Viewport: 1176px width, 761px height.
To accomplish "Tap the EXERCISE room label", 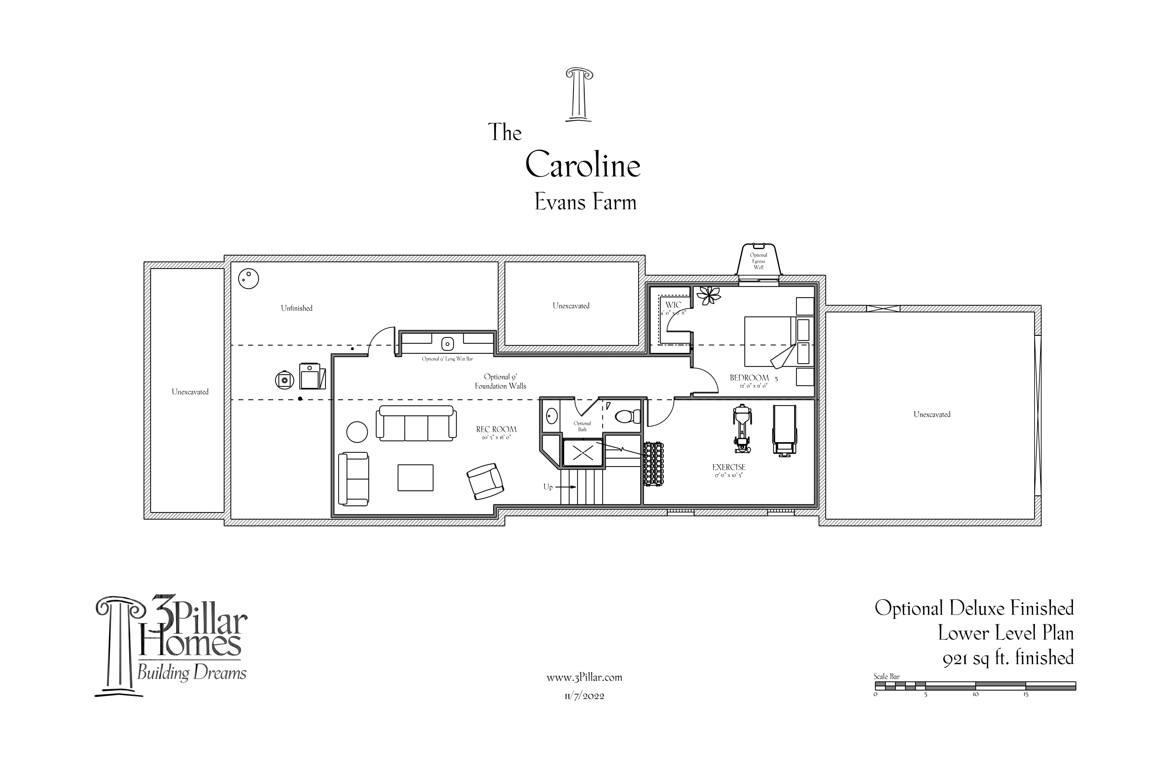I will click(x=729, y=467).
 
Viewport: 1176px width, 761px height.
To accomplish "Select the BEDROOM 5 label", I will click(x=750, y=378).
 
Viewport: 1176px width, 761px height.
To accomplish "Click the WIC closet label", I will click(x=673, y=305).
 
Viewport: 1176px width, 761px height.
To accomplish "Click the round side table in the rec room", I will click(x=357, y=432).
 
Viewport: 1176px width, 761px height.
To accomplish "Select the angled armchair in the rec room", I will click(x=485, y=481).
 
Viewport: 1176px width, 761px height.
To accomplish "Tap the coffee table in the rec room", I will click(x=415, y=477).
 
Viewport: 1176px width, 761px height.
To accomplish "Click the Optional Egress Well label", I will click(x=759, y=261).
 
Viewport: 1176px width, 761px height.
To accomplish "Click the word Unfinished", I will click(x=296, y=308).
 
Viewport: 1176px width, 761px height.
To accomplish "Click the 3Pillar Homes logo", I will click(x=171, y=646).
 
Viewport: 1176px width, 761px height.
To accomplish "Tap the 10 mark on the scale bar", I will click(x=975, y=694).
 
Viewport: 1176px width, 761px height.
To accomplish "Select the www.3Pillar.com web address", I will click(x=584, y=678).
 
